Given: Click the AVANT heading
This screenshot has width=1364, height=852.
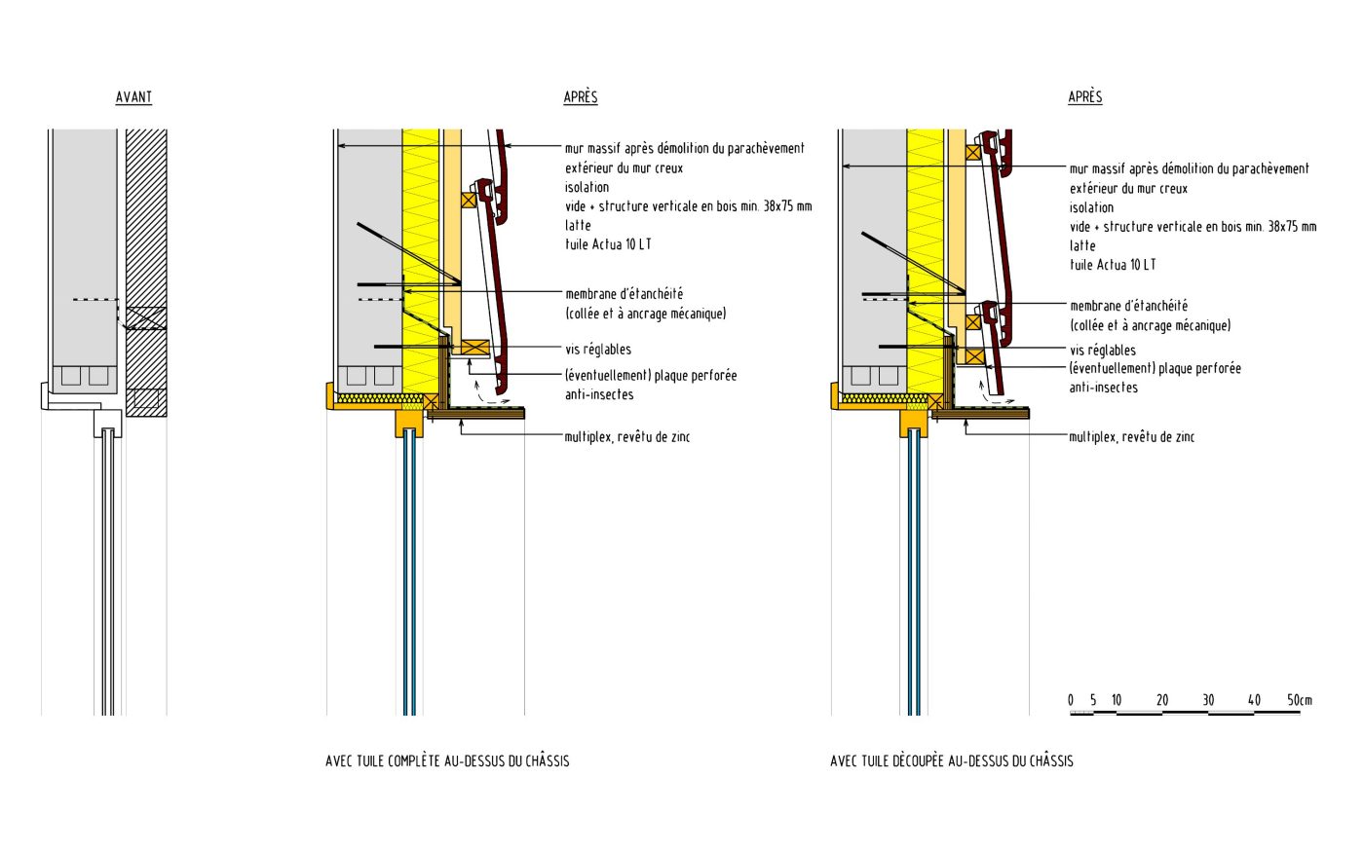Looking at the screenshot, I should pos(133,97).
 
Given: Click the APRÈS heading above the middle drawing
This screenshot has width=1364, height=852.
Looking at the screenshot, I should pos(580,97).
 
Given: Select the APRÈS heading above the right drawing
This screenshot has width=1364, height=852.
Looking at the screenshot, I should pos(1084,97).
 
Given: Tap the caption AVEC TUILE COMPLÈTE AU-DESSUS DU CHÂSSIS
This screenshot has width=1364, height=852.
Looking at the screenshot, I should pos(447,760).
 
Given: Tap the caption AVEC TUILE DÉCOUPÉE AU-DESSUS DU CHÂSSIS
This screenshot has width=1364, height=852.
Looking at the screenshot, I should pos(951,760).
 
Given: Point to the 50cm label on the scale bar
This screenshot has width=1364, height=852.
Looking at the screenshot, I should pos(1299,700).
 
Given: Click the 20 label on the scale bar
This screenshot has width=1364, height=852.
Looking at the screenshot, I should pos(1162,700).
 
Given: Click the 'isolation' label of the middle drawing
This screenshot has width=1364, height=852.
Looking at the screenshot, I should pos(587,187).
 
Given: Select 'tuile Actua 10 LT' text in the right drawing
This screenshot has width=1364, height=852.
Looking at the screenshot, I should pos(1113,265).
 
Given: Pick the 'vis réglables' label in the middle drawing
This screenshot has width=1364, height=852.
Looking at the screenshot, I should pos(597,350).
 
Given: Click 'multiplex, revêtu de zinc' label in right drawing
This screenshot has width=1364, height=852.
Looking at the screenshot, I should pos(1131,437).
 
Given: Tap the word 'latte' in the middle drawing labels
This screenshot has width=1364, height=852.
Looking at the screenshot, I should pos(578,226).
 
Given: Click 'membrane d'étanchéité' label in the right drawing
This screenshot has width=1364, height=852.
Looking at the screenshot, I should pos(1128,306).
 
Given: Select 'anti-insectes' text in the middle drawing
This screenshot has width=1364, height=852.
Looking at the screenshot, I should pos(599,394).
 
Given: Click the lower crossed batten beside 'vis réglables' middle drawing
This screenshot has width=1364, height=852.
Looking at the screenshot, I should pos(474,348).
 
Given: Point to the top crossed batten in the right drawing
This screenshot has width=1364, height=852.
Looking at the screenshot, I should pos(972,152).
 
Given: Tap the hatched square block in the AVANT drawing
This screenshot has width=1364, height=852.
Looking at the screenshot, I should pos(146,398).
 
